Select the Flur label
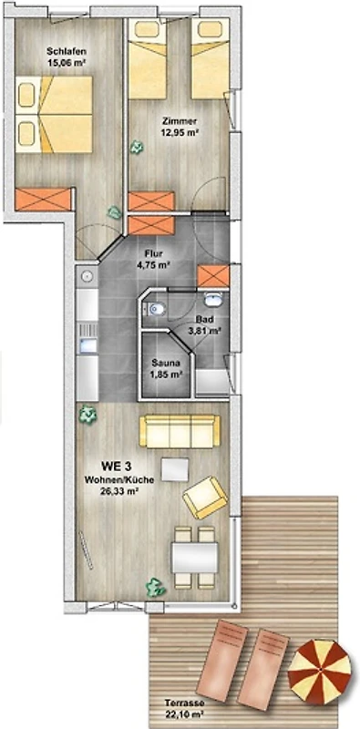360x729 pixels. [152, 255]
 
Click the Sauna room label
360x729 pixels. [166, 364]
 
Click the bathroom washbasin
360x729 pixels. [213, 299]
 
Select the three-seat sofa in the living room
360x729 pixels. [180, 431]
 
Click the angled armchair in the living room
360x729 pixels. [205, 497]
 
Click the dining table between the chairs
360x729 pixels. [195, 558]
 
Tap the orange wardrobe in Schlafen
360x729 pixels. [43, 200]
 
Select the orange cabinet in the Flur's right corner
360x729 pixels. [213, 276]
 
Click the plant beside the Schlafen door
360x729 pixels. [114, 213]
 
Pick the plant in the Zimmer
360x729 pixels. [137, 148]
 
